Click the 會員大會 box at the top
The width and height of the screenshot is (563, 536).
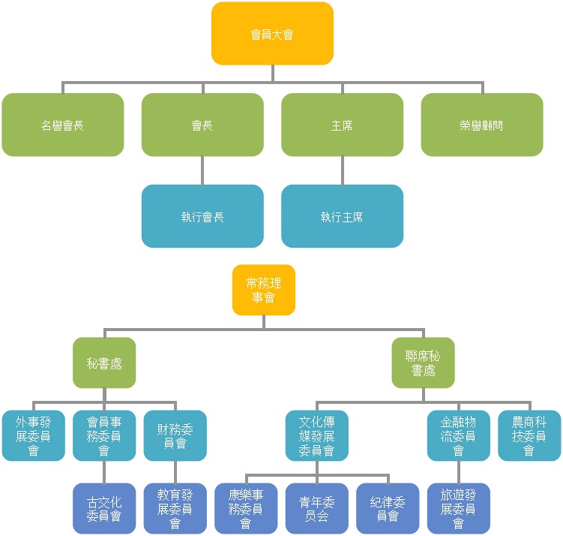(x=272, y=34)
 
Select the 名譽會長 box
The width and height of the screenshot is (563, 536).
(x=62, y=125)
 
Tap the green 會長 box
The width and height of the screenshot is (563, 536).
(x=202, y=125)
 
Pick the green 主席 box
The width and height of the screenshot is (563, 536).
(x=342, y=125)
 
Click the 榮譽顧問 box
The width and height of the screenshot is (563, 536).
(x=482, y=125)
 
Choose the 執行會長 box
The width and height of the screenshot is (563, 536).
(x=202, y=216)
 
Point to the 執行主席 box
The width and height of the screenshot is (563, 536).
(x=342, y=216)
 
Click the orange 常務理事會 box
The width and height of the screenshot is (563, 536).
(x=264, y=290)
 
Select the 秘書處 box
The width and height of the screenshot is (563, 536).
(x=104, y=363)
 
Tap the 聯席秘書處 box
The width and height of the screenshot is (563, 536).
(x=424, y=363)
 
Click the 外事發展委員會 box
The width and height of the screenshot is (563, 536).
(x=33, y=435)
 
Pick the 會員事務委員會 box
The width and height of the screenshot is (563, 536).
(x=104, y=435)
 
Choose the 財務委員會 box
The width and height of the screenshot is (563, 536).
(x=175, y=435)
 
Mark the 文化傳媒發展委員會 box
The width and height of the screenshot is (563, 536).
(x=317, y=435)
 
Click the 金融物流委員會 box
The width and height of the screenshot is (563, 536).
(x=459, y=435)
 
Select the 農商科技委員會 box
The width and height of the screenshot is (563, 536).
(x=529, y=435)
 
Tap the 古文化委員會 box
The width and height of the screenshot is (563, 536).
(x=104, y=508)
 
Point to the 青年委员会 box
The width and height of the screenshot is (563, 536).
(x=317, y=508)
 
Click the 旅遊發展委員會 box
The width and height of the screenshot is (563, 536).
(x=459, y=508)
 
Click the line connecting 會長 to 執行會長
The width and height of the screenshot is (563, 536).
(x=202, y=170)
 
